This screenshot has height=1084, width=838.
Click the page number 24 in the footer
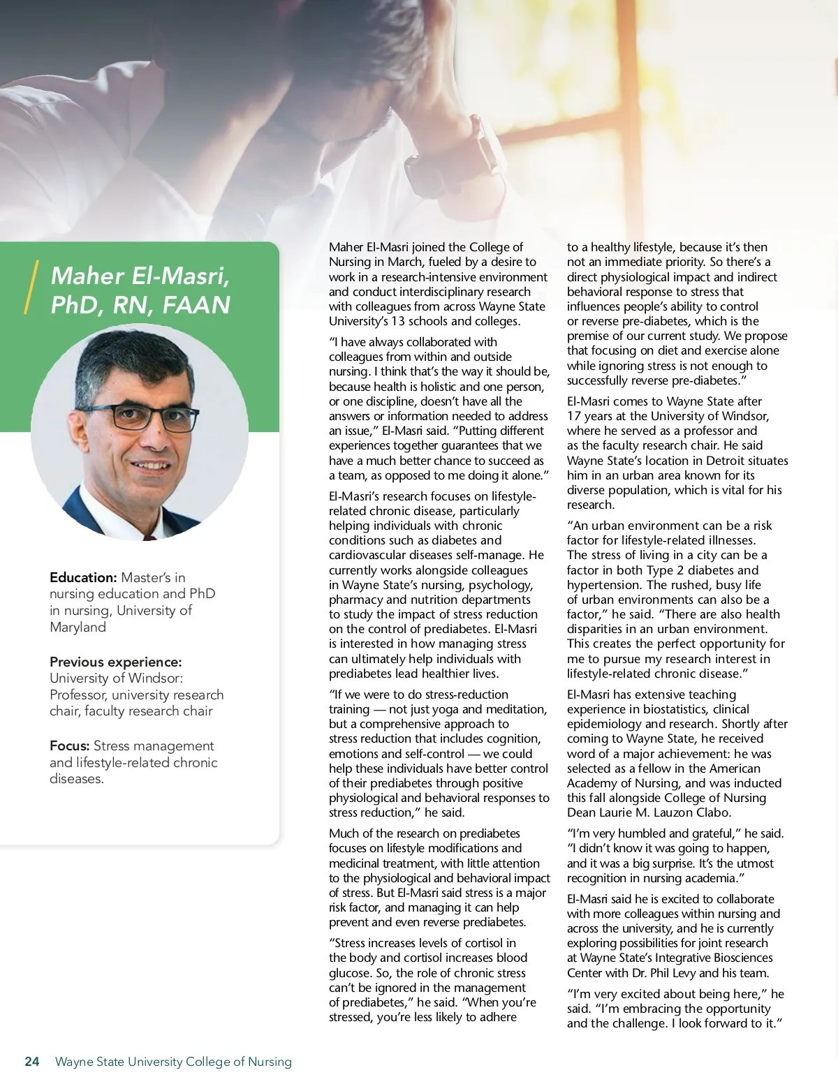[x=32, y=1062]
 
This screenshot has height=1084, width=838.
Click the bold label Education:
[x=83, y=577]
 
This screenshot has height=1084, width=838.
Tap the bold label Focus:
[x=70, y=745]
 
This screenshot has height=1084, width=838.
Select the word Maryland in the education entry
[x=78, y=627]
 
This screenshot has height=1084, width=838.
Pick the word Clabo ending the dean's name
[x=713, y=812]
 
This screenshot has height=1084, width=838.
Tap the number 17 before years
[x=574, y=416]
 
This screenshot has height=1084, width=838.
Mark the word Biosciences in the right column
[x=737, y=958]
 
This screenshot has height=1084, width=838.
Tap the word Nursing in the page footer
[x=270, y=1062]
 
